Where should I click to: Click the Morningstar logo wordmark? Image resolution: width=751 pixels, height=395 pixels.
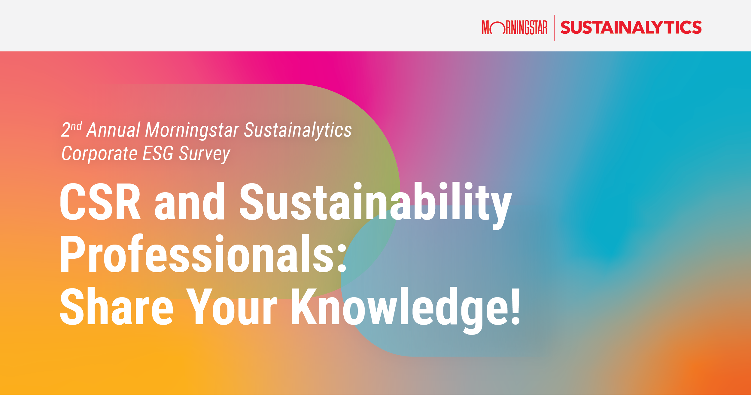515,28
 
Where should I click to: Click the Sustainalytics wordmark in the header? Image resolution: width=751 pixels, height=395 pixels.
631,28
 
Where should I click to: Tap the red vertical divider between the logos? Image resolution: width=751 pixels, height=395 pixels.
554,28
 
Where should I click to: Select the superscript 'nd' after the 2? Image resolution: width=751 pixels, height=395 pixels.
76,126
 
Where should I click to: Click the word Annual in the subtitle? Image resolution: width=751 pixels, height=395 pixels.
114,130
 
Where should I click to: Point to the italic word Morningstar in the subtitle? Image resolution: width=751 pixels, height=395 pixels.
192,131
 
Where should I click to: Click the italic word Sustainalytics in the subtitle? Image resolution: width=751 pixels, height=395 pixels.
298,130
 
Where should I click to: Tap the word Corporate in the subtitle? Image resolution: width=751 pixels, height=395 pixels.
99,154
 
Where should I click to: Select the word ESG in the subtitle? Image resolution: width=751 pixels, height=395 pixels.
158,153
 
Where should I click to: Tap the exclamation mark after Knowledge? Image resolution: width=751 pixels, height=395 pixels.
515,307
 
